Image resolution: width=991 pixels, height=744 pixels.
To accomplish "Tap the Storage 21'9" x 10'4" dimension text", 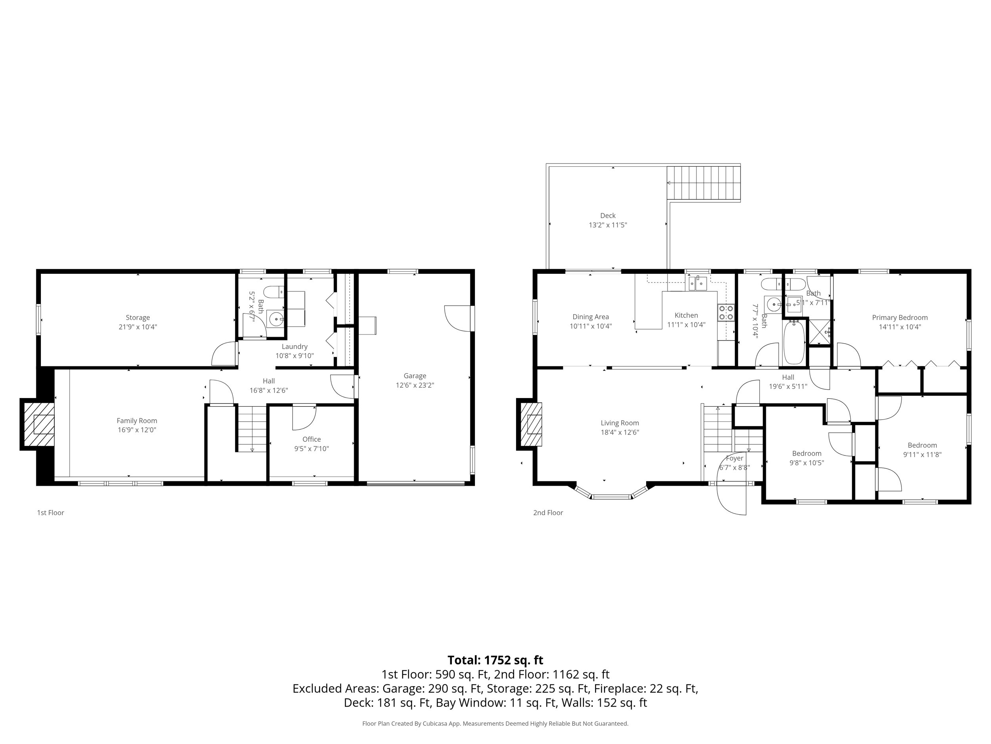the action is coord(138,327).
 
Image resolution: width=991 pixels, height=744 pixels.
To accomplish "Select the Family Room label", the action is coord(137,421).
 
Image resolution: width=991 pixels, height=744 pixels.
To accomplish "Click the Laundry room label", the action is coord(295,347).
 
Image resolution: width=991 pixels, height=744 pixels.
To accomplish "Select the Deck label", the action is coord(608,216).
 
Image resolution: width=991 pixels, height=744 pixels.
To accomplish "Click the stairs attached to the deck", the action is coord(703,183).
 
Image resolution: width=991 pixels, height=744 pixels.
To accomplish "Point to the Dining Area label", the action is coord(591,317).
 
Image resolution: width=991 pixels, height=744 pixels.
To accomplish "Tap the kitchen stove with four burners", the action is coord(726,313).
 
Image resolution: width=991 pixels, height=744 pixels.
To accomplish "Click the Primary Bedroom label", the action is coord(899,317).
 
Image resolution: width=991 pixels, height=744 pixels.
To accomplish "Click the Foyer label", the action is coord(734,458).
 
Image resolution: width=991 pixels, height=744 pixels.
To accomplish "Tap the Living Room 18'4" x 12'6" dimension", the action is coord(620,433).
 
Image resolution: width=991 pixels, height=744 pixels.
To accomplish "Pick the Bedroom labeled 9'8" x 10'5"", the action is coord(806,454).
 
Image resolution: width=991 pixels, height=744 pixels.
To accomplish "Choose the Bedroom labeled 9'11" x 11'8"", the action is coord(922,445).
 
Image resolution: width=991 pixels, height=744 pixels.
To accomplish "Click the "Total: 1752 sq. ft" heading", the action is coord(495,660).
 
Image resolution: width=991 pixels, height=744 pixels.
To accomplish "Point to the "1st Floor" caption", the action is coord(51,513).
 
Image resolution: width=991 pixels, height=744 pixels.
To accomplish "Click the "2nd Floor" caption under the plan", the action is coord(548,513).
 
